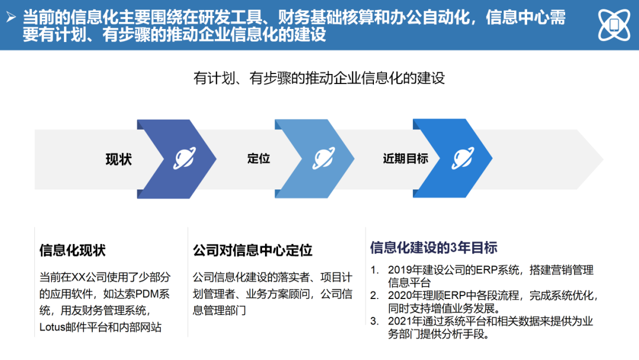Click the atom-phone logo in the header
tap(614, 25)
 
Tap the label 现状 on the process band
tap(118, 159)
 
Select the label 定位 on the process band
tap(259, 159)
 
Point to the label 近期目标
tap(405, 159)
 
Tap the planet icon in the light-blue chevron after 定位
tap(324, 159)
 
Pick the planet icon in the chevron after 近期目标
tap(463, 159)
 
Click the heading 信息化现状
tap(72, 250)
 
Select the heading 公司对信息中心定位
tap(252, 250)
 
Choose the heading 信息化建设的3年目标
tap(433, 247)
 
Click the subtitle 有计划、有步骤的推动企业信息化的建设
tap(319, 78)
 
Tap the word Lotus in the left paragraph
tap(53, 327)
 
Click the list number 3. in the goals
tap(374, 321)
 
